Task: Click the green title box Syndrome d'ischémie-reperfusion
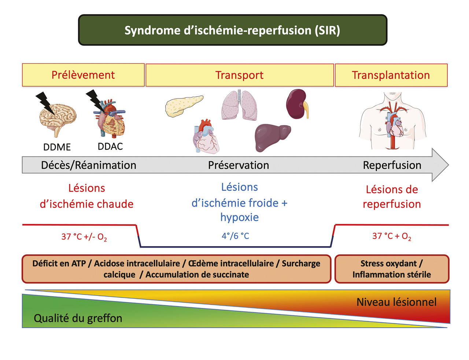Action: [x=233, y=30]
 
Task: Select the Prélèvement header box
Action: [x=83, y=75]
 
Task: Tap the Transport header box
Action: [x=240, y=75]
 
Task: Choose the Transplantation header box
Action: [x=391, y=75]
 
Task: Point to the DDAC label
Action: [x=110, y=146]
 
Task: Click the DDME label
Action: [x=57, y=147]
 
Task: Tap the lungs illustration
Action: [x=239, y=105]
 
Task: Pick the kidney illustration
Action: [x=297, y=104]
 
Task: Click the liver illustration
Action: [x=272, y=137]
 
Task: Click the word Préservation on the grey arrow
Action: [x=239, y=165]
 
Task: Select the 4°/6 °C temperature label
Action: [x=235, y=236]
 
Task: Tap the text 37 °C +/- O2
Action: [x=84, y=237]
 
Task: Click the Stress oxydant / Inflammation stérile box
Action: [x=392, y=269]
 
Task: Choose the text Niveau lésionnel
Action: [x=396, y=302]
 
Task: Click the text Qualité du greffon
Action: [x=78, y=318]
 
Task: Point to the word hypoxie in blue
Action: [x=240, y=217]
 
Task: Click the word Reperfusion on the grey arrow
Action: [x=392, y=165]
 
